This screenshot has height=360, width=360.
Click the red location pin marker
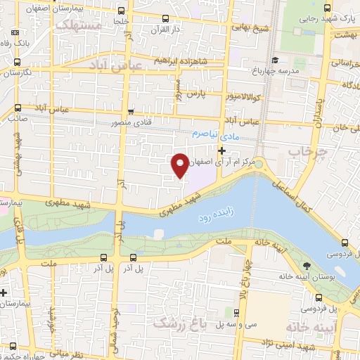[181, 165]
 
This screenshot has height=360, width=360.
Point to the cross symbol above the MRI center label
[222, 150]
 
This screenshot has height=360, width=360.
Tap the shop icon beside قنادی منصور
[131, 112]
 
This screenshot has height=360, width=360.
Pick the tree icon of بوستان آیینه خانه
[307, 265]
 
